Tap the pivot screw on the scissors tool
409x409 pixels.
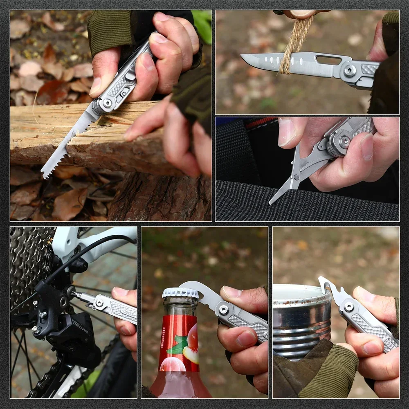(345, 142)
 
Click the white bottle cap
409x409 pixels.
(180, 293)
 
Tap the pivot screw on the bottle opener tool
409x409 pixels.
(224, 310)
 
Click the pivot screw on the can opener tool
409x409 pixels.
(348, 306)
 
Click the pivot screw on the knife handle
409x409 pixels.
(350, 70)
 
